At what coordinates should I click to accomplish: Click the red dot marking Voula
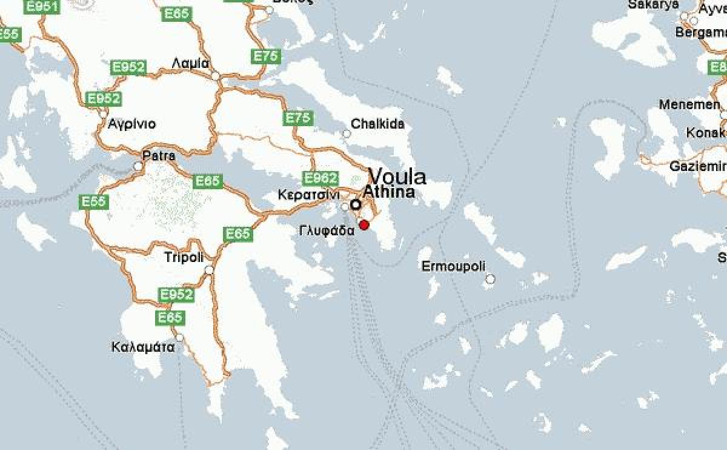click(364, 225)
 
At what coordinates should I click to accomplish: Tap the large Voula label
click(397, 176)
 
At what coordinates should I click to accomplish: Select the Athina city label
click(389, 192)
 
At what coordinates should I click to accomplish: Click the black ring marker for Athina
click(356, 204)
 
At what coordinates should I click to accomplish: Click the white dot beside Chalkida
click(347, 133)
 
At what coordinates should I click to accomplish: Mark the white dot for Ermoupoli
click(490, 279)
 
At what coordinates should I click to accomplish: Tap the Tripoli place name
click(184, 257)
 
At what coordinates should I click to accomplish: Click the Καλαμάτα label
click(144, 348)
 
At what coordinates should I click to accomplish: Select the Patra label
click(159, 156)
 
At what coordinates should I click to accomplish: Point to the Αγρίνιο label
click(131, 124)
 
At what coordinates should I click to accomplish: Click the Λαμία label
click(190, 63)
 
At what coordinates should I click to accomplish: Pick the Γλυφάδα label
click(327, 230)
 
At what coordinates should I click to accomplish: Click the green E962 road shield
click(319, 178)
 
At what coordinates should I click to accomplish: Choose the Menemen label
click(689, 104)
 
